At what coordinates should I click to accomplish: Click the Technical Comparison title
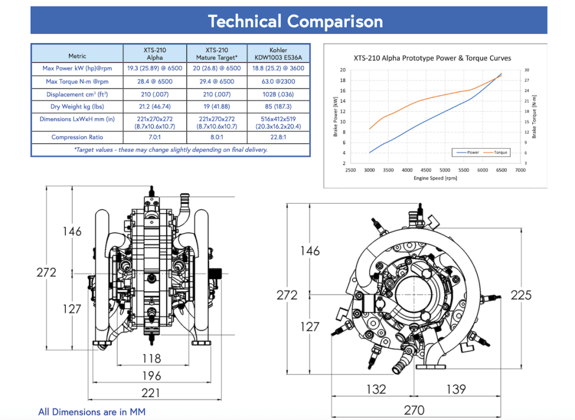pos(295,21)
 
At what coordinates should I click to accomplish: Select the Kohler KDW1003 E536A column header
pos(279,53)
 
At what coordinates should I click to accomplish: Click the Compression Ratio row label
pos(77,137)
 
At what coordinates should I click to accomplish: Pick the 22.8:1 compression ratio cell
pos(279,137)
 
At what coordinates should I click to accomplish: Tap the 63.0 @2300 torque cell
pos(279,81)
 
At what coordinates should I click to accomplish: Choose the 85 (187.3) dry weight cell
pos(279,106)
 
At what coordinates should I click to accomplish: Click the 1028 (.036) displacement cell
pos(279,94)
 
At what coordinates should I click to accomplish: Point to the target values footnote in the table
pos(171,150)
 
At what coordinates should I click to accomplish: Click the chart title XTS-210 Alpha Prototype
pos(432,58)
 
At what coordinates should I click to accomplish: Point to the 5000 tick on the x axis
pos(445,170)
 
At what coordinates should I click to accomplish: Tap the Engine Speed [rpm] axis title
pos(435,179)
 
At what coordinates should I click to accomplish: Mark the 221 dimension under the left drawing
pos(151,392)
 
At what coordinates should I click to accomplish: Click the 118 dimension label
pos(152,358)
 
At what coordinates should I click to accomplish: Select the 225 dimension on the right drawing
pos(521,295)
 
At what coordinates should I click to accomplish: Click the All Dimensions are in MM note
pos(92,412)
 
